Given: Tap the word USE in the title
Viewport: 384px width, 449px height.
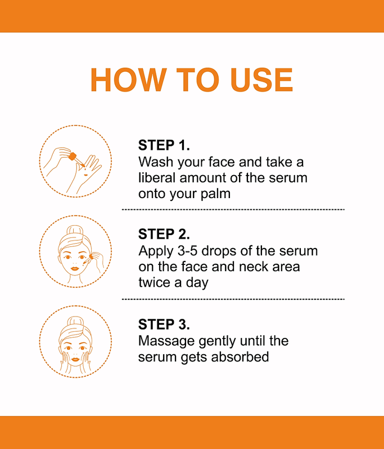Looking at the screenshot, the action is (x=261, y=80).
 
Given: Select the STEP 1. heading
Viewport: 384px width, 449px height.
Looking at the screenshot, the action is (x=164, y=145).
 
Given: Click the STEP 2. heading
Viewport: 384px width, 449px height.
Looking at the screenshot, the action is (x=164, y=234).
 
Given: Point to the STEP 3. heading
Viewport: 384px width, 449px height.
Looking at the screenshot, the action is (x=164, y=324).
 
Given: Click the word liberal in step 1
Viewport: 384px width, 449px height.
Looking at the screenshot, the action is (x=157, y=177).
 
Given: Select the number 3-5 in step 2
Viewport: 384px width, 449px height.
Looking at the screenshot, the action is (x=188, y=251).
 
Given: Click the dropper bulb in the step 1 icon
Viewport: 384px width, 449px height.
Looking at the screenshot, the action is (x=73, y=157).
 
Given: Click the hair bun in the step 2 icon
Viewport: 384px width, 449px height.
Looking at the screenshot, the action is (x=75, y=231).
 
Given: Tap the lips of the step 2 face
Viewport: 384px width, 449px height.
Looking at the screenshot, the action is (x=75, y=269).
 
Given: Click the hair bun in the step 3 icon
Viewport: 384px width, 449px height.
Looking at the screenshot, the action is (x=75, y=322).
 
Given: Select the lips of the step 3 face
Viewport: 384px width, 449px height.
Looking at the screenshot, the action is (x=75, y=359).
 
